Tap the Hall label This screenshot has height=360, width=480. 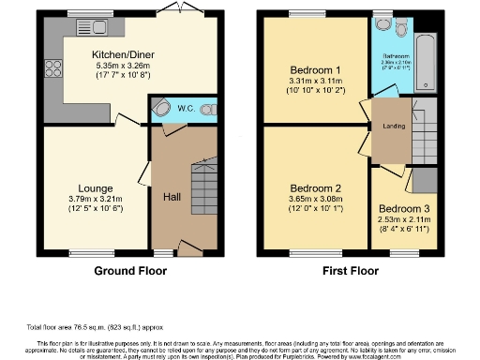172,197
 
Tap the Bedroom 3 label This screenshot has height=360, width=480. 405,209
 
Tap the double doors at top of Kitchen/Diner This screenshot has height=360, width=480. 171,9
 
